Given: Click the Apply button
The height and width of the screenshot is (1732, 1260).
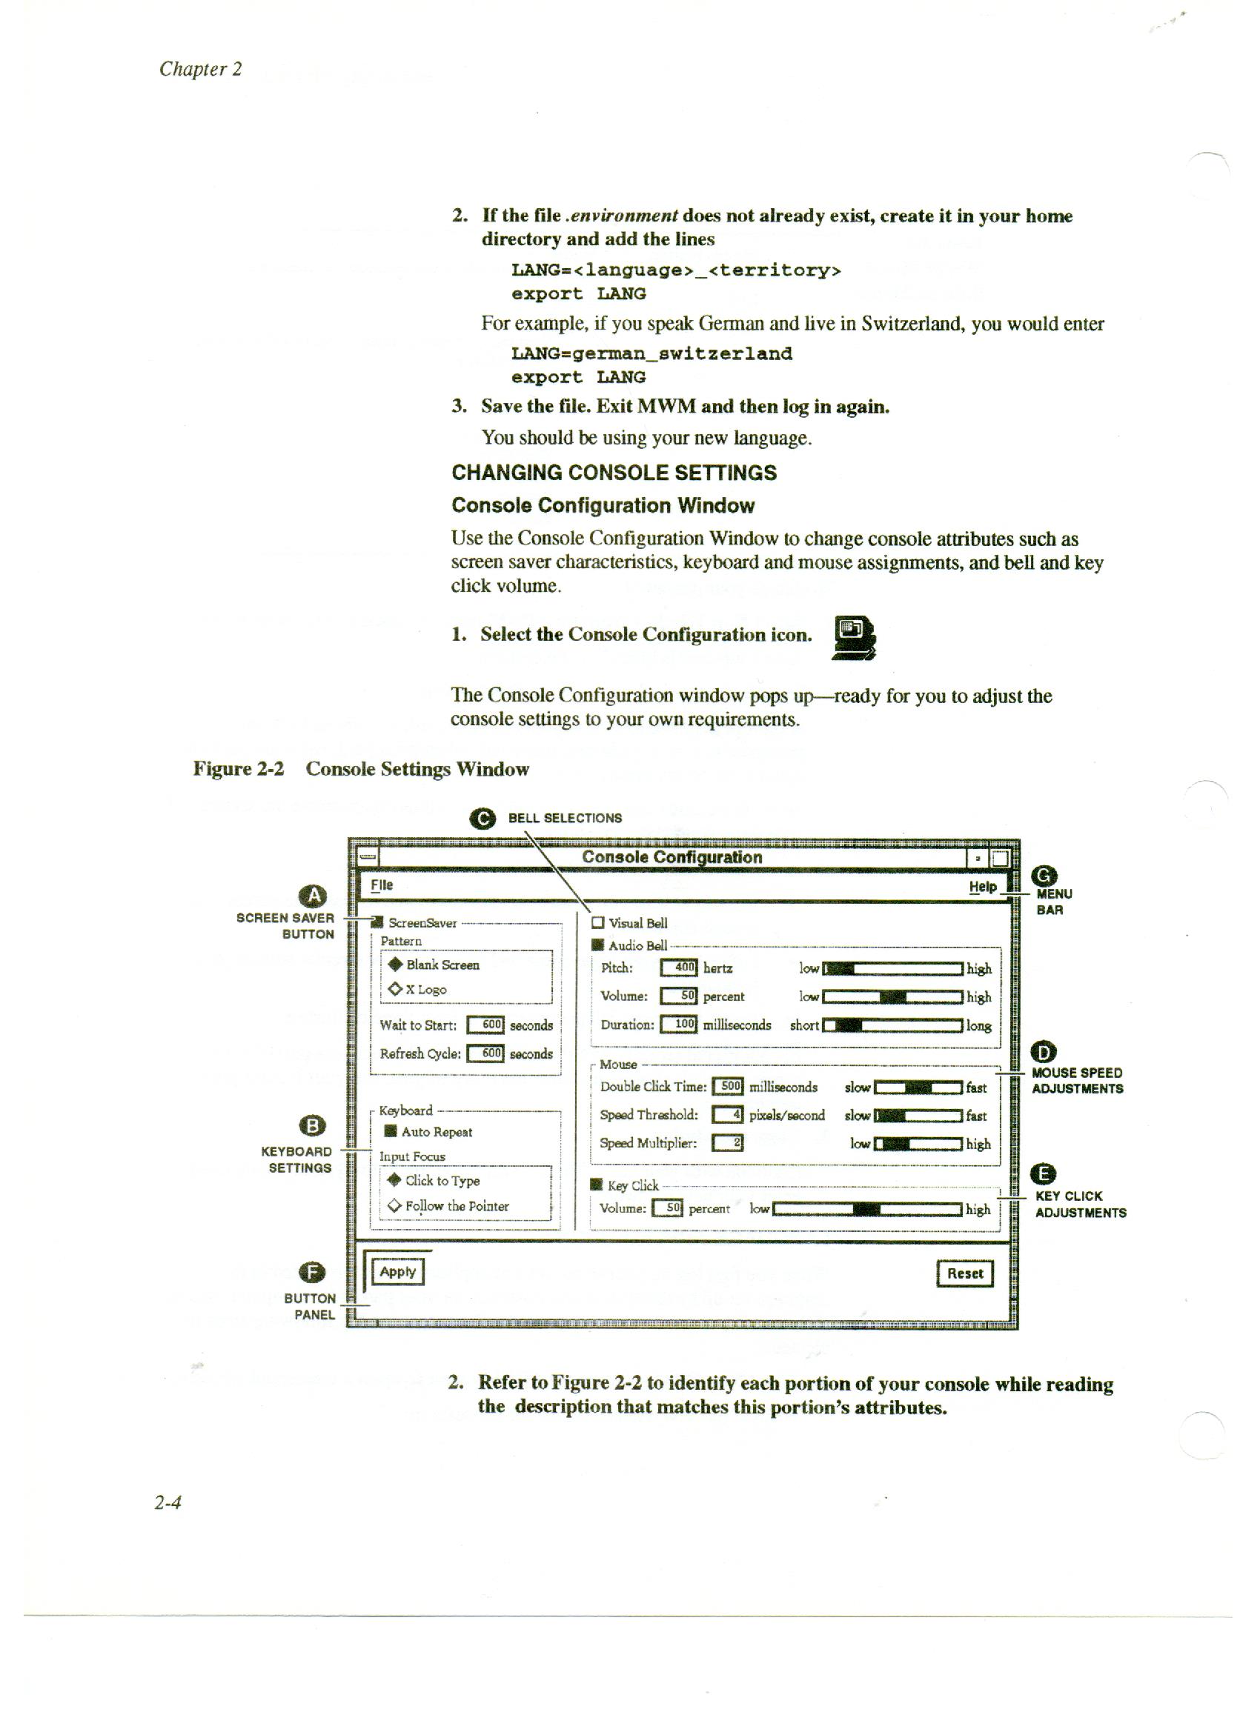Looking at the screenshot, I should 397,1271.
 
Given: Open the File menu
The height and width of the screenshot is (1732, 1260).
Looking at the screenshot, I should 381,885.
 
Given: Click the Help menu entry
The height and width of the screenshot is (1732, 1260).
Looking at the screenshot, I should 983,887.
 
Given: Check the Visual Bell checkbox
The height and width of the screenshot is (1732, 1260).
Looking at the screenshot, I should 597,922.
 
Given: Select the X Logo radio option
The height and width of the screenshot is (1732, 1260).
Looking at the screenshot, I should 395,989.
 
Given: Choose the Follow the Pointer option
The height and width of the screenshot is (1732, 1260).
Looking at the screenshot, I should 394,1206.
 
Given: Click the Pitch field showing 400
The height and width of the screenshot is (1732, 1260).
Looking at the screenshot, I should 678,967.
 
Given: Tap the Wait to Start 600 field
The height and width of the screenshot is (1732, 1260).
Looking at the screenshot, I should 485,1025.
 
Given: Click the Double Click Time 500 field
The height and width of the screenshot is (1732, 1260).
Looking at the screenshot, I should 726,1086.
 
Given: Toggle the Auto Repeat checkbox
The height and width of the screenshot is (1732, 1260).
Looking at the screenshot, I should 391,1131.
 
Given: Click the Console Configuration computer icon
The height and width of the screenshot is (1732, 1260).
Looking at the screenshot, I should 854,637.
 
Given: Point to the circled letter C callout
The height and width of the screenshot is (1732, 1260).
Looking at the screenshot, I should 483,819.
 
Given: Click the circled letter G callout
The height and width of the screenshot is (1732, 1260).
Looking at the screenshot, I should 1044,875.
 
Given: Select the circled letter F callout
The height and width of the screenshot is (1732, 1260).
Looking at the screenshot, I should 311,1272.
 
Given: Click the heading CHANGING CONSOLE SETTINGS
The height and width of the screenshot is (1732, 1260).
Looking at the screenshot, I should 614,473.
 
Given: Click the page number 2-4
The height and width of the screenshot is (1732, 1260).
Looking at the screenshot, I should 168,1503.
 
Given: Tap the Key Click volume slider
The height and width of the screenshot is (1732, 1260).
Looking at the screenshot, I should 866,1209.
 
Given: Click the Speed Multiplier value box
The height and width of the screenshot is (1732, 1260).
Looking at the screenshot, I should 727,1142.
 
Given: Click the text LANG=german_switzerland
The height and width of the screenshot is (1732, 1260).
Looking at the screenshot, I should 651,353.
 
